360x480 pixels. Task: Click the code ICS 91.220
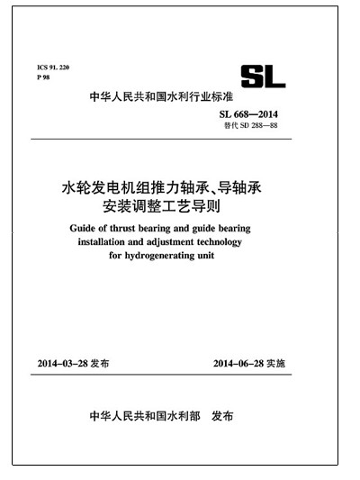52,68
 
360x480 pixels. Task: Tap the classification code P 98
44,78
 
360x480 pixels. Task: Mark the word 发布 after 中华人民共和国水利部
221,417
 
